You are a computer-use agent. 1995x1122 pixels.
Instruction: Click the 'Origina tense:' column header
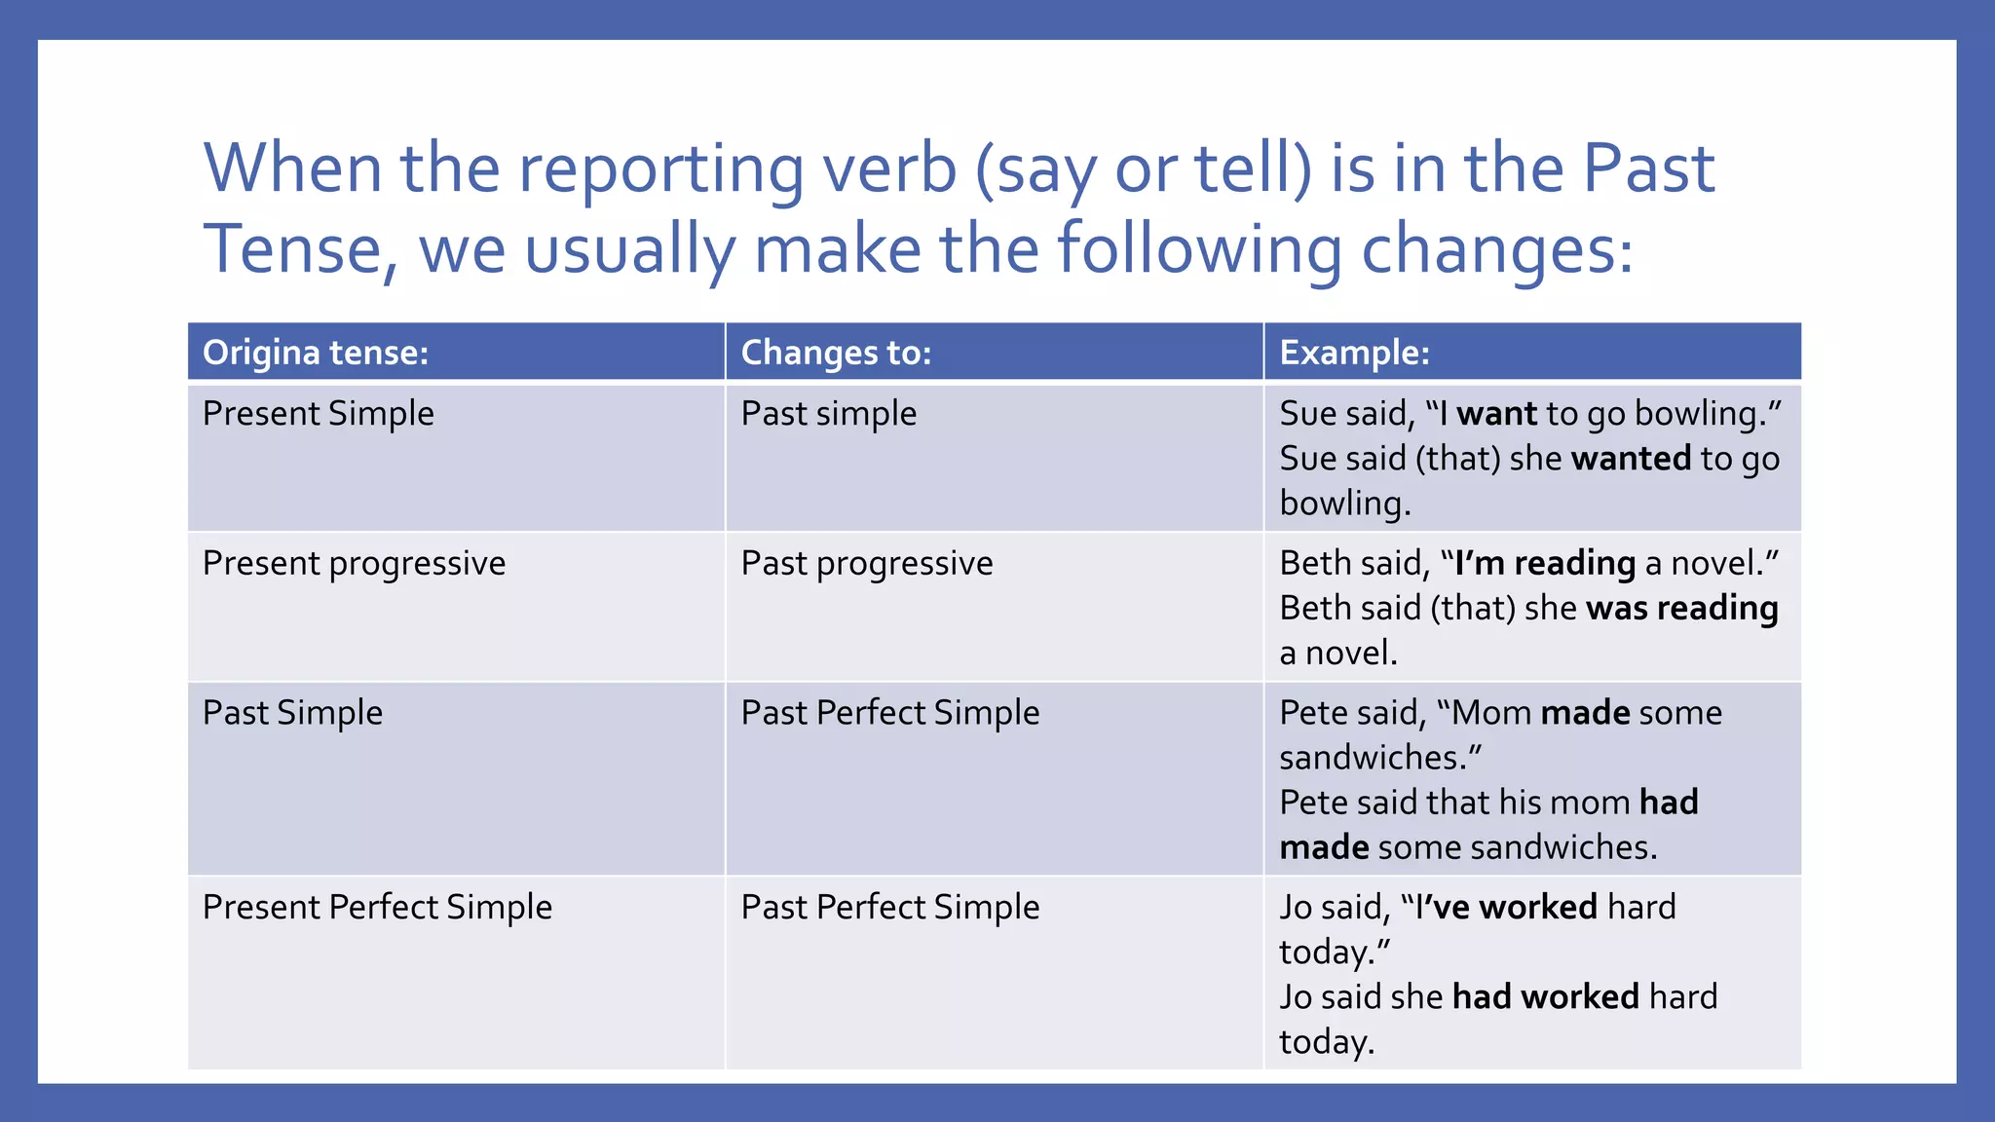(316, 353)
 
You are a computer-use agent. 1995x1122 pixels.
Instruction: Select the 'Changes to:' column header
(836, 353)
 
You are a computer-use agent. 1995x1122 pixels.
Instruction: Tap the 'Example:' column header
(1354, 353)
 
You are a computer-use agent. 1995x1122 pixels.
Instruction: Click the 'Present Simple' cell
(319, 414)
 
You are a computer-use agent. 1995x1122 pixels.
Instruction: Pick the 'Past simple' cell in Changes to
(829, 414)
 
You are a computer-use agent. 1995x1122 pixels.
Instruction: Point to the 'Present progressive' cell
(354, 564)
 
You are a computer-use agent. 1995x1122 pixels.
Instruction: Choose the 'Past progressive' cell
(867, 564)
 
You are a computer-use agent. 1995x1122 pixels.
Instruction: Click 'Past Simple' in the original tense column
(292, 713)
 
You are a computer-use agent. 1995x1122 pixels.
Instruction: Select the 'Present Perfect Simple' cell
(377, 908)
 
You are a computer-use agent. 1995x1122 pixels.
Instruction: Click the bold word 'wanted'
(1631, 459)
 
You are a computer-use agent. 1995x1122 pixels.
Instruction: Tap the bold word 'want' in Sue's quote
(1496, 414)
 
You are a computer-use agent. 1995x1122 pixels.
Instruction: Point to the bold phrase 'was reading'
(1682, 609)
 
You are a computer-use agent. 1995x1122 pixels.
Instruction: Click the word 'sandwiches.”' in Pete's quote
(1380, 758)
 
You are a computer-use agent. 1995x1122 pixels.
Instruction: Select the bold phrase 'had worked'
(1546, 997)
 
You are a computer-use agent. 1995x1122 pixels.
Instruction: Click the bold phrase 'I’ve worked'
(1506, 908)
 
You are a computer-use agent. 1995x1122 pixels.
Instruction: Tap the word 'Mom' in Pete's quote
(1491, 713)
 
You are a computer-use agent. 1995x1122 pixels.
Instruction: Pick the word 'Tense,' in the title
(301, 250)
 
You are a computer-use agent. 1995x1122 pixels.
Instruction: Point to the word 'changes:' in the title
(1496, 250)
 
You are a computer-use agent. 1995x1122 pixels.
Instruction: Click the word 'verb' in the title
(889, 168)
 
